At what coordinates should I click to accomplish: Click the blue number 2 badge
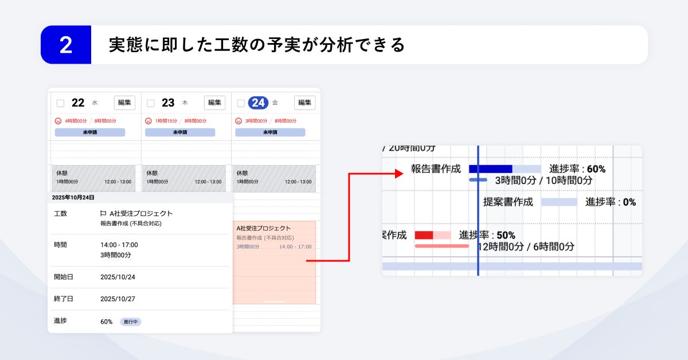[x=66, y=45]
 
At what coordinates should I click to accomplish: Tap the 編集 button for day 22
[x=124, y=103]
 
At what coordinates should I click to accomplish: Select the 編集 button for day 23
[x=214, y=103]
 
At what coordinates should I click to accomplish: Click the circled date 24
[x=258, y=103]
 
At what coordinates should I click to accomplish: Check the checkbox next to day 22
[x=60, y=103]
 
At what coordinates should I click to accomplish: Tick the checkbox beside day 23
[x=151, y=103]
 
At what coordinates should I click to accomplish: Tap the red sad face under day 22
[x=58, y=121]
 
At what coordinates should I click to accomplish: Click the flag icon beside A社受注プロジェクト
[x=103, y=214]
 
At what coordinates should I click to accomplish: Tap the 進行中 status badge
[x=131, y=322]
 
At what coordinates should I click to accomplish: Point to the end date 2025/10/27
[x=118, y=299]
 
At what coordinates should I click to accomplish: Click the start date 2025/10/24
[x=118, y=277]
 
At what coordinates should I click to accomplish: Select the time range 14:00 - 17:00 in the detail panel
[x=119, y=245]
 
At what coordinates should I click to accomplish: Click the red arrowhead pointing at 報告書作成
[x=400, y=173]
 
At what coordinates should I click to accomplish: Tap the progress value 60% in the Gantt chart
[x=596, y=169]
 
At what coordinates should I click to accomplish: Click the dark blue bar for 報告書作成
[x=490, y=169]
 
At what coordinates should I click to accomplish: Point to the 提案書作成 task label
[x=508, y=202]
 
